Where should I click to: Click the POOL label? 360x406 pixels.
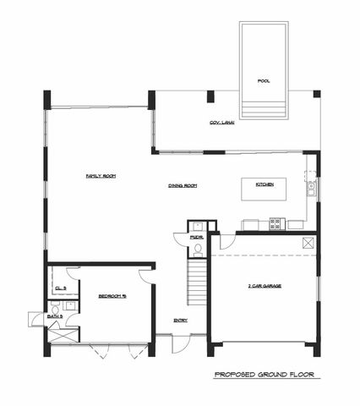tap(264, 81)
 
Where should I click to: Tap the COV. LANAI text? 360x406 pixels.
tap(222, 123)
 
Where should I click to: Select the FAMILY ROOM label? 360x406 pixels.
tap(101, 176)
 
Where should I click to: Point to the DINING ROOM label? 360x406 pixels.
tap(183, 185)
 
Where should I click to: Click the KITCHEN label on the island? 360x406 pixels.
tap(264, 184)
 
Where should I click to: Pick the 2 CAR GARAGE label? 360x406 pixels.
tap(265, 287)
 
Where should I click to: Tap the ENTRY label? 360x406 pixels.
tap(180, 320)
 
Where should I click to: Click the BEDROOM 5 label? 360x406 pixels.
tap(112, 296)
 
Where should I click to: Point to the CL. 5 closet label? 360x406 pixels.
tap(60, 288)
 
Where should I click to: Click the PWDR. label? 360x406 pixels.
tap(196, 239)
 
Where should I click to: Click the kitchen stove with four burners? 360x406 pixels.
tap(275, 223)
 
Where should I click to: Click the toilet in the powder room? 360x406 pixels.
tap(196, 227)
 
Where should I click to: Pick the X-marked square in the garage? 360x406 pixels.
tap(308, 244)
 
